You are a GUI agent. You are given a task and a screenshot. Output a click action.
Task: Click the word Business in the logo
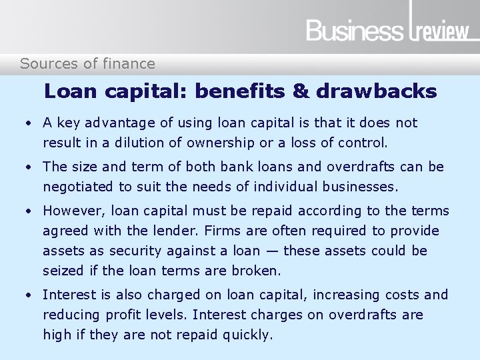tap(355, 31)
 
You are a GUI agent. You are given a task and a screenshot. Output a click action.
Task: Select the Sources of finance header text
tap(87, 64)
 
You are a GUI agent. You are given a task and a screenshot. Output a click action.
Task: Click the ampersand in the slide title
tap(302, 91)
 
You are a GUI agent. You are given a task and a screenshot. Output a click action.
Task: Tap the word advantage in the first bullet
tap(117, 123)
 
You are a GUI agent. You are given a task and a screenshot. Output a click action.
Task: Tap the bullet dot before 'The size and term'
tap(29, 167)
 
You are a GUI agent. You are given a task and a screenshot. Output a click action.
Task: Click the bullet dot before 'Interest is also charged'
tap(29, 295)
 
